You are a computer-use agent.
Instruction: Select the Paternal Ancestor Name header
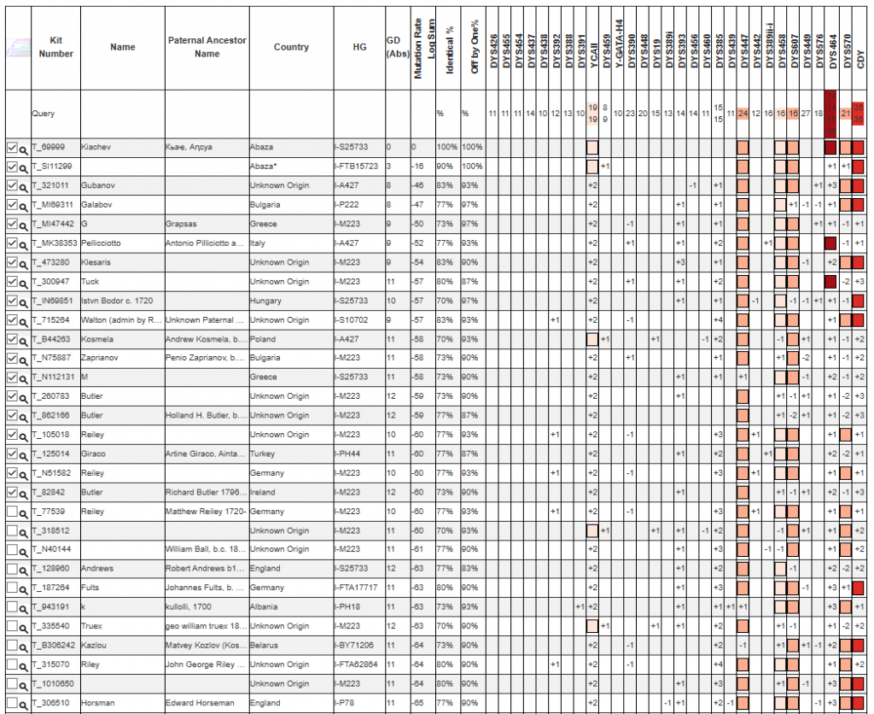pos(207,47)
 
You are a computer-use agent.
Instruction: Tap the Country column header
pos(291,47)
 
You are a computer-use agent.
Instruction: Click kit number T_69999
pos(49,148)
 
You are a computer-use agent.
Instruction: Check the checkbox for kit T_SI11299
pos(12,167)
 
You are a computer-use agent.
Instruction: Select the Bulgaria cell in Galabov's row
pos(265,205)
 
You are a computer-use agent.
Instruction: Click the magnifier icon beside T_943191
pos(24,607)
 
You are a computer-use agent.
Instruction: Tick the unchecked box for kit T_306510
pos(12,703)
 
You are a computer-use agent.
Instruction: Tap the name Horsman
pos(98,703)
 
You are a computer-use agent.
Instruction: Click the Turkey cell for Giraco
pos(262,454)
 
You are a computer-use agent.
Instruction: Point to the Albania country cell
pos(264,607)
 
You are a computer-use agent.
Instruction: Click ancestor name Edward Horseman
pos(199,703)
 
